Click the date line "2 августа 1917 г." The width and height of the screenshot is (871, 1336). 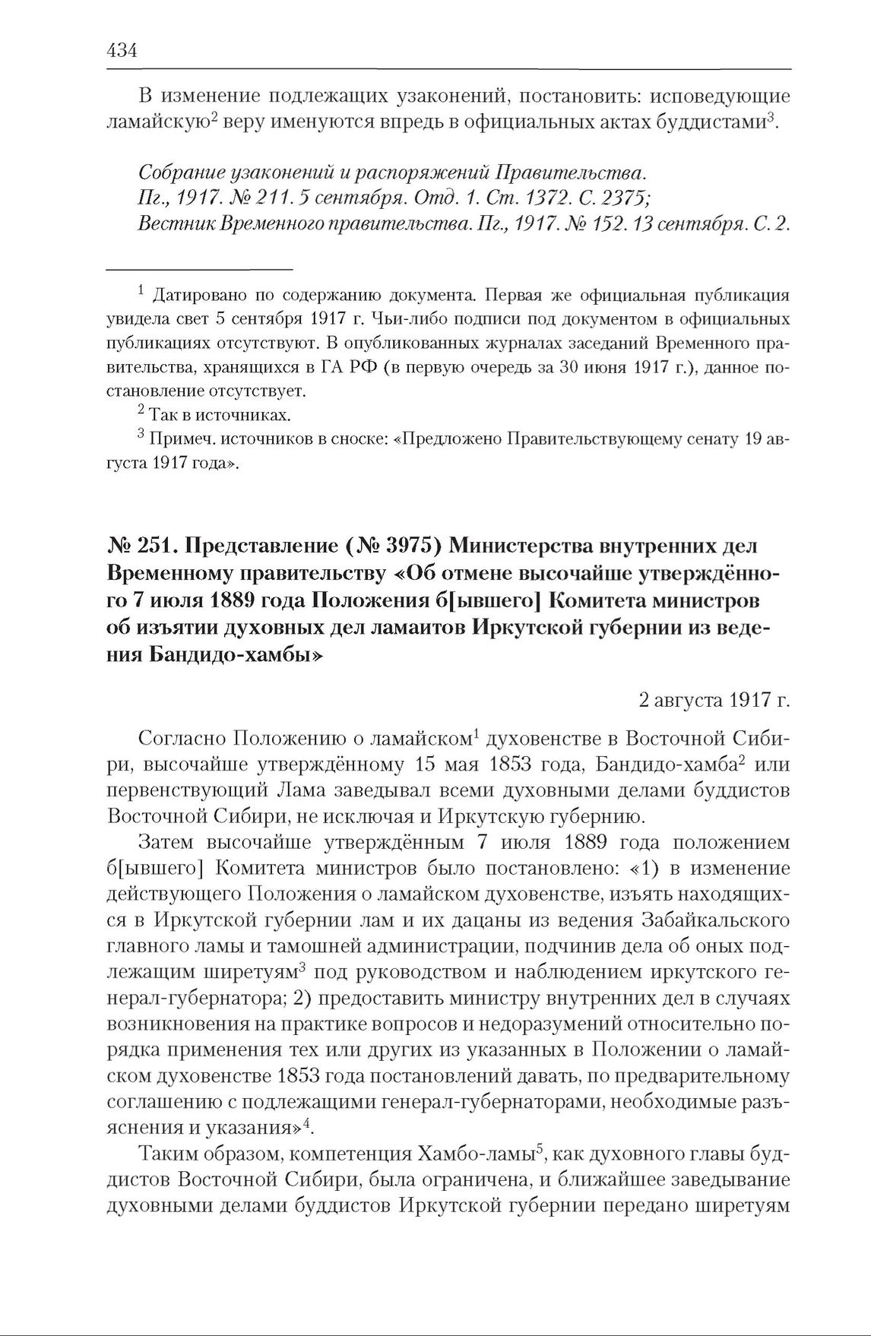(714, 699)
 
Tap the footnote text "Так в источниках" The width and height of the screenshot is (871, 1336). (220, 416)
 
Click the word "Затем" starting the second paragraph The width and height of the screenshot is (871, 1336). (166, 842)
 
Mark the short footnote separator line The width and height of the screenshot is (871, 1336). (199, 270)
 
